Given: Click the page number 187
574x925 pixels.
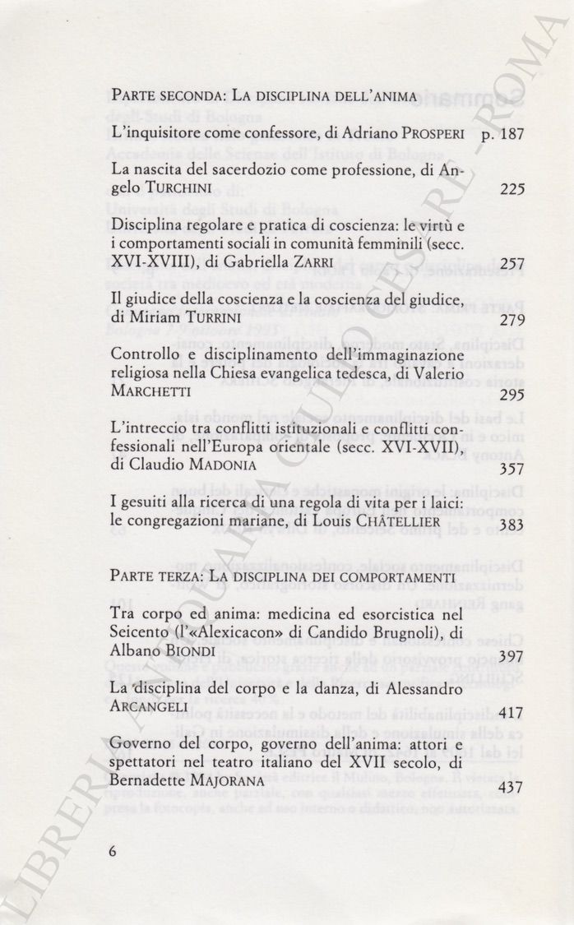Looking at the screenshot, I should (x=511, y=133).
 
